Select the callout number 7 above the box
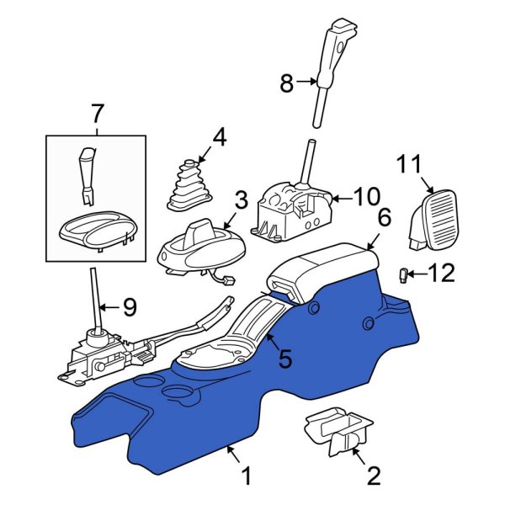pos(96,113)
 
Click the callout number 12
pos(440,273)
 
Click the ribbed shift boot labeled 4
pos(189,186)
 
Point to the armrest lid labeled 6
pos(324,269)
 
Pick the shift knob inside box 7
pos(87,176)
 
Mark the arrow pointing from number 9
pos(109,307)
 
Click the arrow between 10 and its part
pos(342,199)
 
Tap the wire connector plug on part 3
pos(230,281)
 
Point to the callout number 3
pos(241,200)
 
